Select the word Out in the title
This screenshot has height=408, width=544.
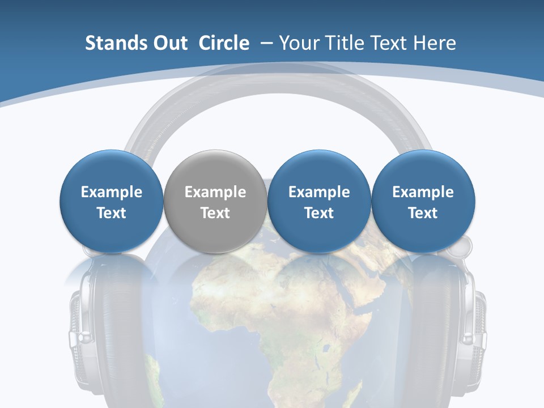[169, 43]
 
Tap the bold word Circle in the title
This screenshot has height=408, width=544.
[224, 43]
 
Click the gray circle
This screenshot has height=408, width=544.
[215, 202]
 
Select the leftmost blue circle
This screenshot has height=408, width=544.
[112, 202]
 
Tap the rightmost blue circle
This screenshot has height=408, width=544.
[423, 202]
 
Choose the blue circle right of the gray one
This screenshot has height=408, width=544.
[319, 202]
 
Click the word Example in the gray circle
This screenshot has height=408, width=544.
[215, 192]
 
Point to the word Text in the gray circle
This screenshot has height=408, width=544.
[215, 213]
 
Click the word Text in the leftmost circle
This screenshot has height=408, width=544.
[112, 213]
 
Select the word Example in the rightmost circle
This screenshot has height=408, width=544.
[423, 192]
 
